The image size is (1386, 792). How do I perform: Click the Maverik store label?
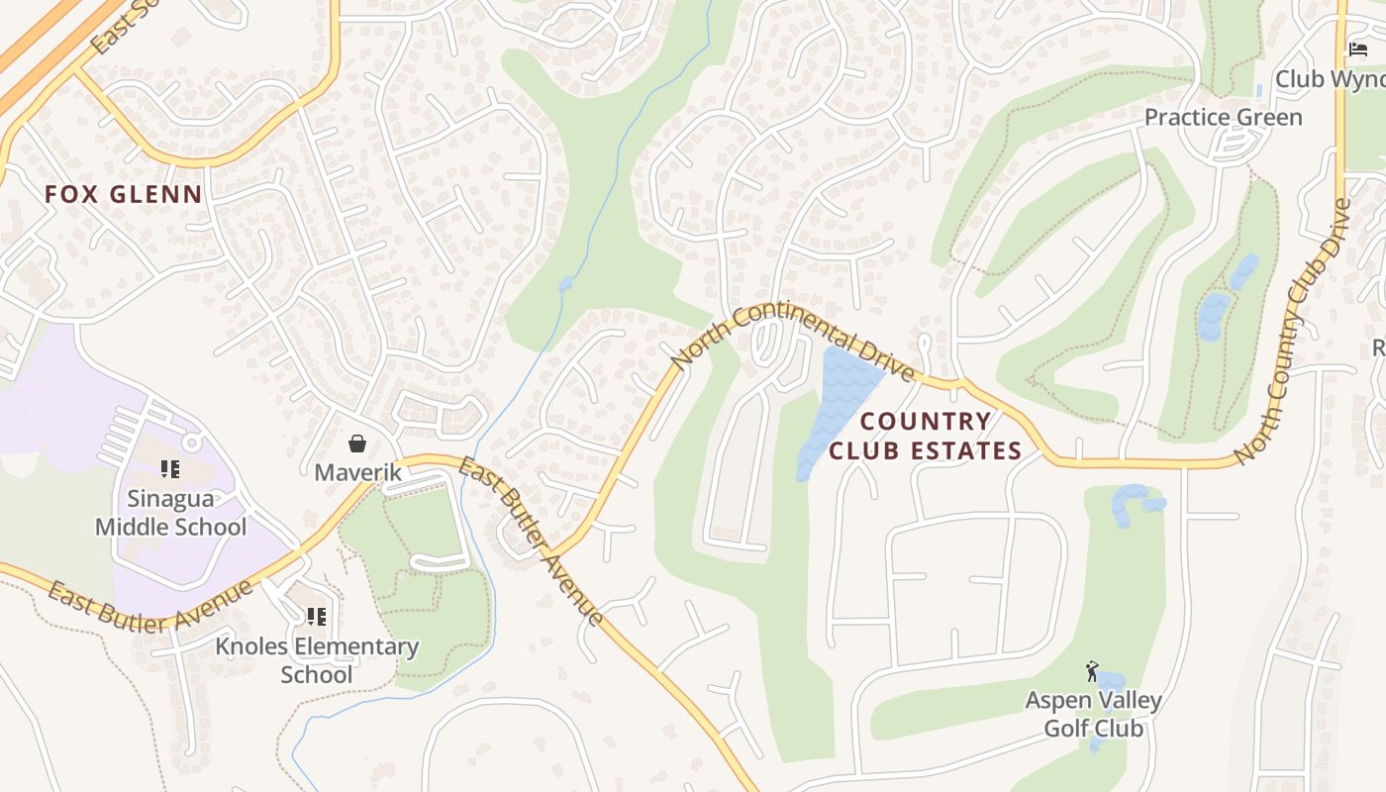click(x=358, y=472)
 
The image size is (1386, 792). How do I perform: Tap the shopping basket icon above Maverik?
click(x=357, y=444)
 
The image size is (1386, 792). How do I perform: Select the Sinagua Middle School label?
click(x=170, y=513)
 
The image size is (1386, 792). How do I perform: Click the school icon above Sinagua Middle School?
click(x=169, y=469)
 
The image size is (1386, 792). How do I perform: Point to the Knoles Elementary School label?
click(x=317, y=660)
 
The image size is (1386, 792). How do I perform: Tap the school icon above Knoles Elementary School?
click(x=317, y=617)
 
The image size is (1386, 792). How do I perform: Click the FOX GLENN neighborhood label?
click(x=124, y=194)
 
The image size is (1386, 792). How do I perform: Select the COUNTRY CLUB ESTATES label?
click(x=925, y=436)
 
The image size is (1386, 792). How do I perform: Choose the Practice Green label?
click(x=1223, y=117)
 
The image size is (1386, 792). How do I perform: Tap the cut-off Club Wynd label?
click(x=1330, y=78)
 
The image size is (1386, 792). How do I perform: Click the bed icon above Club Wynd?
click(x=1357, y=49)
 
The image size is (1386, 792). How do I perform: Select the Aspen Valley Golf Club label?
click(x=1093, y=714)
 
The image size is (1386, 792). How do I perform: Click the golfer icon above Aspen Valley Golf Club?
click(x=1092, y=671)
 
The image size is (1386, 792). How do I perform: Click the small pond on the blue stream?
click(x=565, y=285)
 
